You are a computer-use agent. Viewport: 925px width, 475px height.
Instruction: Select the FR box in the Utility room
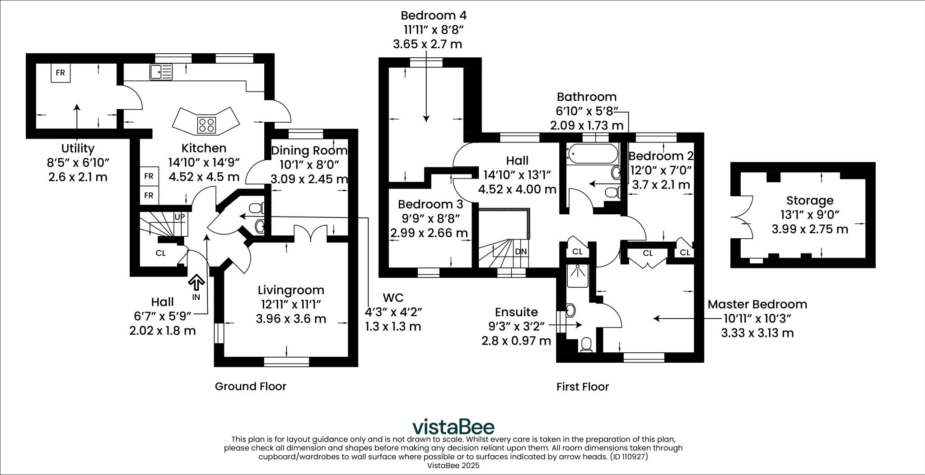pos(60,73)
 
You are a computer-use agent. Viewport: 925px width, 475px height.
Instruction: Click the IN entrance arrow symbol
pos(196,283)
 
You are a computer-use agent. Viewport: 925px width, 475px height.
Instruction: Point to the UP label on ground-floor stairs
pos(179,217)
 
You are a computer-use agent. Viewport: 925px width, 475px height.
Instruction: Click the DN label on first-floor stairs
pos(521,251)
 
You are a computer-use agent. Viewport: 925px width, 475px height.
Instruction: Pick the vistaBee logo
pos(453,426)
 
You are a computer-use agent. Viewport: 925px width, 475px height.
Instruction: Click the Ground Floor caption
pos(250,386)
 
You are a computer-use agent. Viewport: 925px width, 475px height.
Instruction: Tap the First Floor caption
pos(582,387)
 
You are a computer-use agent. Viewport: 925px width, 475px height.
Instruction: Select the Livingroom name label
pos(291,290)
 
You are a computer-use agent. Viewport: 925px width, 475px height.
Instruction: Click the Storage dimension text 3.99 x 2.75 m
pos(809,229)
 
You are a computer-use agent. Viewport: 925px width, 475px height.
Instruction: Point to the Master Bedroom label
pos(757,304)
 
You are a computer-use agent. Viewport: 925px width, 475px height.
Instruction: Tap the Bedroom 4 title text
pos(433,15)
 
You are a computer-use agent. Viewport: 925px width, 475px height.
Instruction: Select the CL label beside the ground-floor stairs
pos(160,253)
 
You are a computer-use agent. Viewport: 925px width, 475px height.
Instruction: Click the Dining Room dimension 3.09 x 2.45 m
pos(309,179)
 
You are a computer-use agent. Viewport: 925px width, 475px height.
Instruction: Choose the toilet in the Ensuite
pos(586,345)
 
